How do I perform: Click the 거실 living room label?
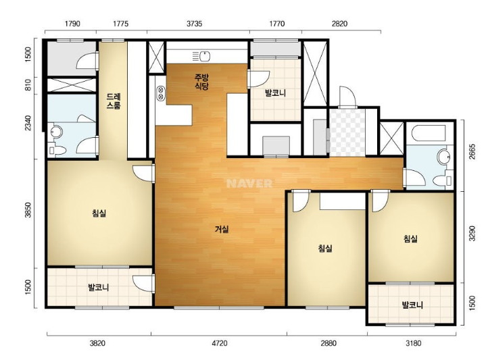(x=222, y=230)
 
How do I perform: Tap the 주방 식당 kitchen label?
(x=201, y=82)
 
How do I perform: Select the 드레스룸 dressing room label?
(x=114, y=101)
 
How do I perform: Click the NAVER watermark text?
(x=249, y=183)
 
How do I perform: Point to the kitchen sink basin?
(x=205, y=56)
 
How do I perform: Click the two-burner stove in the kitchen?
(x=161, y=93)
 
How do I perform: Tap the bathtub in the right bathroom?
(x=429, y=134)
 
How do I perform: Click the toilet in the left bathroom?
(x=57, y=151)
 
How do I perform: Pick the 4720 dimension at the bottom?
(x=220, y=343)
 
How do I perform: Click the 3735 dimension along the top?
(x=194, y=24)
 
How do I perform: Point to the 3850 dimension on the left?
(x=28, y=210)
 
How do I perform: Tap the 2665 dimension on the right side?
(x=472, y=152)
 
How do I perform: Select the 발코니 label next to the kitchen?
(x=275, y=93)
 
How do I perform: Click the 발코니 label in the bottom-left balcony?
(x=99, y=288)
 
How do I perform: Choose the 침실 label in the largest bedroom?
(x=99, y=213)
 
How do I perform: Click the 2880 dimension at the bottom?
(x=328, y=343)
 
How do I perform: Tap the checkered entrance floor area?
(x=347, y=132)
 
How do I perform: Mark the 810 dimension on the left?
(x=28, y=86)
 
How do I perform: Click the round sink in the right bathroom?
(x=443, y=157)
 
